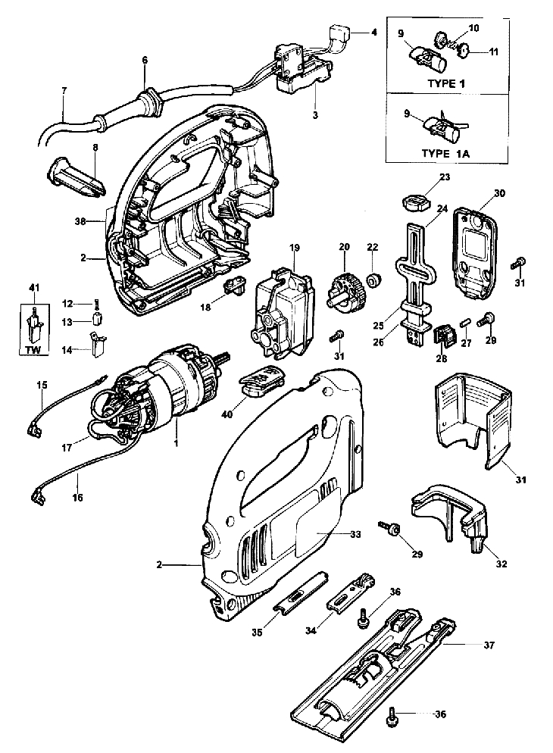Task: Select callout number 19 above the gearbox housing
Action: coord(294,247)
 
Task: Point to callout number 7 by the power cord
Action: coord(64,90)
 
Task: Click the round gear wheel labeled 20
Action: coord(345,289)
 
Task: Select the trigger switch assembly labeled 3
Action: coord(301,72)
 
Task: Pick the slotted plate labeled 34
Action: coord(350,591)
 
